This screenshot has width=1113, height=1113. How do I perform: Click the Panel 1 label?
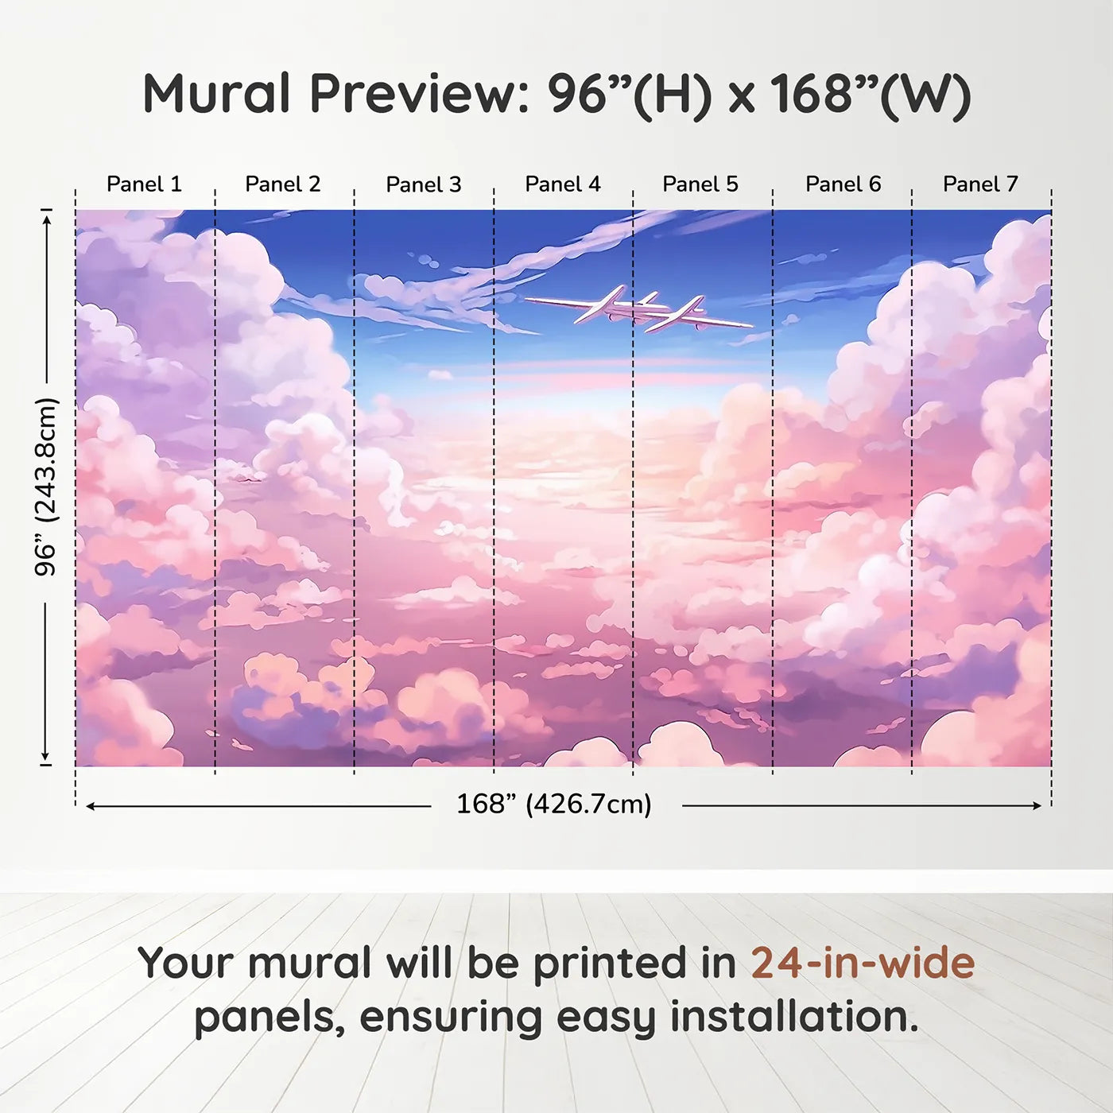(x=144, y=184)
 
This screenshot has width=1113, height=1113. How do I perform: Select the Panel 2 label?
(x=282, y=184)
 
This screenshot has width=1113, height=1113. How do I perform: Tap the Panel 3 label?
(x=424, y=184)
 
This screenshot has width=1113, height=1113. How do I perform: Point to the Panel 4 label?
(x=563, y=184)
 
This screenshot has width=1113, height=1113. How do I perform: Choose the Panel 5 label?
(x=700, y=184)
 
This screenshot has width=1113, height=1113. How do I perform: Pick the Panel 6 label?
(x=843, y=184)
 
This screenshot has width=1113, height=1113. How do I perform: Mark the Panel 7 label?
(x=980, y=184)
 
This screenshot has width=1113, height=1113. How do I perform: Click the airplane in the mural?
(x=638, y=310)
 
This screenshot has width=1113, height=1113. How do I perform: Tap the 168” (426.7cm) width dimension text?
(x=554, y=805)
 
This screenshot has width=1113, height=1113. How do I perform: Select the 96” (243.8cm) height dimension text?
(x=45, y=487)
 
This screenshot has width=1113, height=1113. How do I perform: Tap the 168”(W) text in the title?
(x=871, y=95)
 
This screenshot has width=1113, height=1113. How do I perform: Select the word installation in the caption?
(x=794, y=1018)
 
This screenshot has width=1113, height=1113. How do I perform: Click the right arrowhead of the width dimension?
(x=1038, y=805)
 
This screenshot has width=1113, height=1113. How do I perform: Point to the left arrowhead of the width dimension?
(x=91, y=806)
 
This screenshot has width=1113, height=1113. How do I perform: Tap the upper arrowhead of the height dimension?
(x=48, y=219)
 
